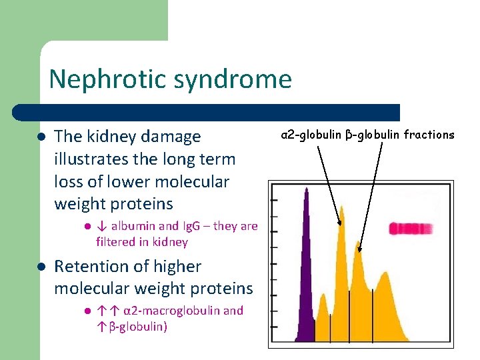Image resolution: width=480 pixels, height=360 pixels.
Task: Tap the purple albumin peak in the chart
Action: (306, 267)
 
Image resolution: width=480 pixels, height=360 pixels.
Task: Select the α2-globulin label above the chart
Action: (311, 135)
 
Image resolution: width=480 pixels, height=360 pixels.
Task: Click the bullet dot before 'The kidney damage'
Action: (40, 137)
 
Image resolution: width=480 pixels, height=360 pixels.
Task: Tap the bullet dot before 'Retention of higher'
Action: (40, 267)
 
